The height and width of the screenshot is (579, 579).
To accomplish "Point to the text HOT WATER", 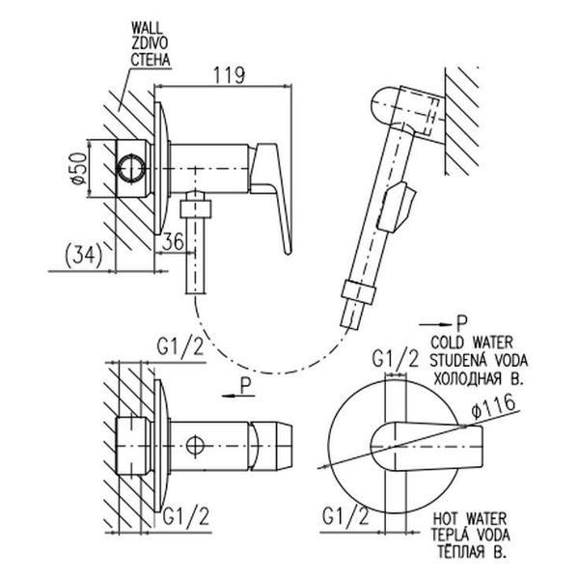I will (x=470, y=515).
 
